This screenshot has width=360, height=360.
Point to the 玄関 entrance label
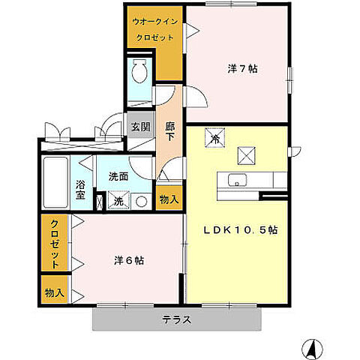coord(139,127)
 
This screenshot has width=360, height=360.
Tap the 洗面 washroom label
coord(118,178)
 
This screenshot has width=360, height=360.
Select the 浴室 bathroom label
coord(79,189)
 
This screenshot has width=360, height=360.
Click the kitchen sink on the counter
coord(235,180)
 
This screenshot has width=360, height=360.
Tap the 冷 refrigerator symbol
coord(214,137)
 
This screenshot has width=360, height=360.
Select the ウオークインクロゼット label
coord(154,29)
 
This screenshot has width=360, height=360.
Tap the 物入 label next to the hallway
coord(169,199)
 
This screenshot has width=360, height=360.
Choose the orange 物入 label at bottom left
coord(54,290)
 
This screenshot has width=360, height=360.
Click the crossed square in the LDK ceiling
coord(247,154)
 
